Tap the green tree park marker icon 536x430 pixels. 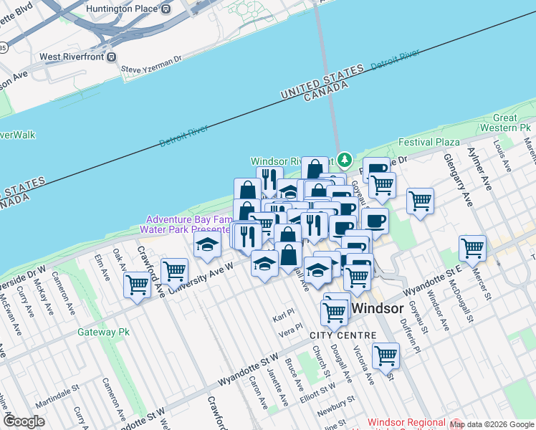(x=345, y=158)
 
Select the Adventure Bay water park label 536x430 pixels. (x=188, y=224)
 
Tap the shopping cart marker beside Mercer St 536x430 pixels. (x=473, y=248)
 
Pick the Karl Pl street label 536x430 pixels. (x=284, y=318)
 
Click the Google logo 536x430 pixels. (x=24, y=421)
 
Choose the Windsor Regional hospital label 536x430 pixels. (x=406, y=424)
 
